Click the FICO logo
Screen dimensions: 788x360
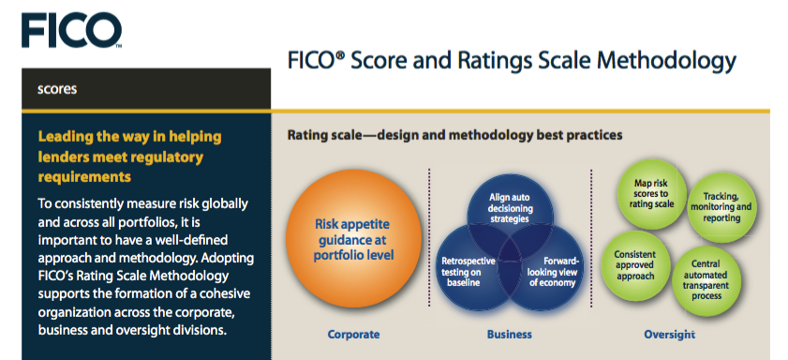[x=71, y=30]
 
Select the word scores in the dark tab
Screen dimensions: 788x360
[x=57, y=89]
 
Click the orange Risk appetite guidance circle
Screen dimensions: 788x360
[x=353, y=240]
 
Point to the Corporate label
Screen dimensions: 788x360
[x=353, y=335]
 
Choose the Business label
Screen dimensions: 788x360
[x=509, y=335]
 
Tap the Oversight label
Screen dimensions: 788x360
[x=669, y=335]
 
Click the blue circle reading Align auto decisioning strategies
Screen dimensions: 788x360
[x=510, y=209]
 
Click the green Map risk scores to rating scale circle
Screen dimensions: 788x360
[x=651, y=194]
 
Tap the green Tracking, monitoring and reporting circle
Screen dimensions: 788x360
[x=721, y=207]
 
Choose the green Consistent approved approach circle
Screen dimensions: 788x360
[x=635, y=265]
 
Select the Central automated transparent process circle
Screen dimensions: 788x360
[x=706, y=281]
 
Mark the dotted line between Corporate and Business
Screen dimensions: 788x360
[x=429, y=237]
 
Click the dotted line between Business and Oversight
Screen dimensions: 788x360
[x=591, y=237]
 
